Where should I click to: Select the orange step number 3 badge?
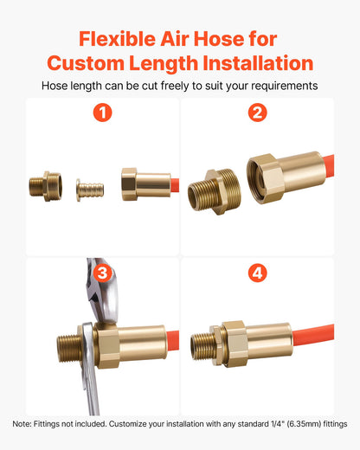click(x=102, y=273)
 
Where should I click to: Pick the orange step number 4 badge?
click(x=257, y=273)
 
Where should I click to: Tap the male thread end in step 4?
click(x=201, y=344)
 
